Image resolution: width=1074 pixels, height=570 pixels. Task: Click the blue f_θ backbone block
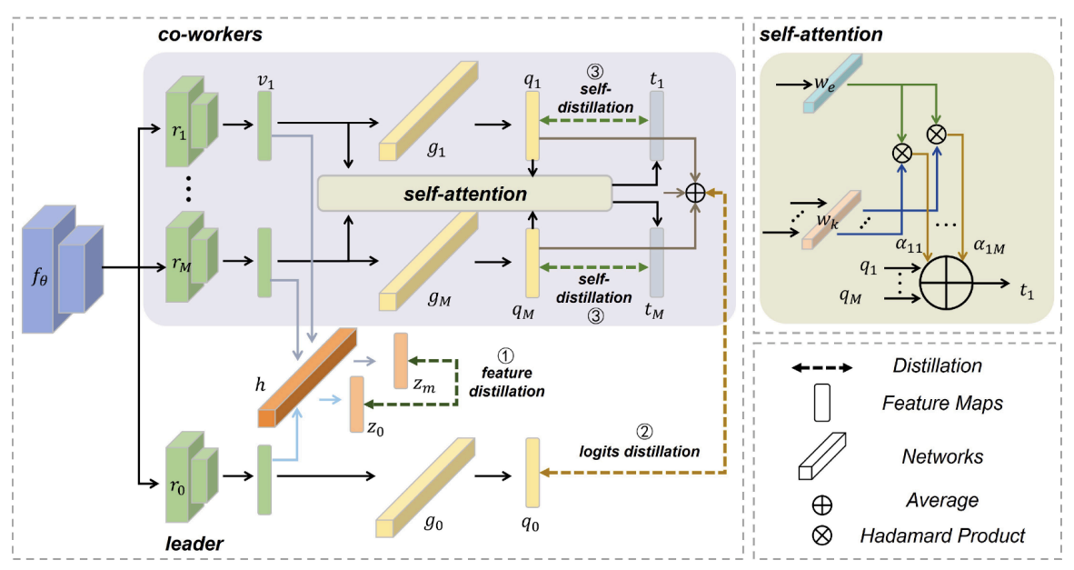coord(62,268)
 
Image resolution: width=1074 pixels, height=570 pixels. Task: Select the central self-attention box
coord(464,194)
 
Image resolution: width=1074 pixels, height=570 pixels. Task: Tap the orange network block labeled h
coord(307,377)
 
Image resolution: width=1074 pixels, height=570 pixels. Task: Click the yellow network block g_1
coord(428,111)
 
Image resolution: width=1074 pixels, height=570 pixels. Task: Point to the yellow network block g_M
coord(428,262)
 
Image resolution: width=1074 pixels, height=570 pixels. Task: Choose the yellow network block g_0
coord(425,487)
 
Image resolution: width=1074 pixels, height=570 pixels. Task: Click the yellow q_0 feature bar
coord(532,473)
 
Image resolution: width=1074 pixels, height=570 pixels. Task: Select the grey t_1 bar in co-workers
coord(656,126)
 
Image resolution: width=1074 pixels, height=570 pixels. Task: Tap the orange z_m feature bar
coord(401,361)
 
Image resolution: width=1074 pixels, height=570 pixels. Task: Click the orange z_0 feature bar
coord(357,405)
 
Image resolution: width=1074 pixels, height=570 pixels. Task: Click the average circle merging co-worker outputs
coord(695,194)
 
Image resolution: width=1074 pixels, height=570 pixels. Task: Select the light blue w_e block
coord(832,84)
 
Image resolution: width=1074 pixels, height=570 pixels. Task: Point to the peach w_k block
coord(830,219)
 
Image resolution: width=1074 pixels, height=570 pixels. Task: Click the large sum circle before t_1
coord(946,282)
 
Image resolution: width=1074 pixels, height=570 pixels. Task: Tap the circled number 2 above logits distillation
coord(644,432)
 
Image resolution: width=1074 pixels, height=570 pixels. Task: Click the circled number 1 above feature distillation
coord(505,355)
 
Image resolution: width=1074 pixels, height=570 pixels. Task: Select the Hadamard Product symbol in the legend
coord(822,535)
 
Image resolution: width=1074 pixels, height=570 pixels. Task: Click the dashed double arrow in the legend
coord(822,368)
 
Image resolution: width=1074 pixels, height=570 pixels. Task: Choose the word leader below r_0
coord(194,544)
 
